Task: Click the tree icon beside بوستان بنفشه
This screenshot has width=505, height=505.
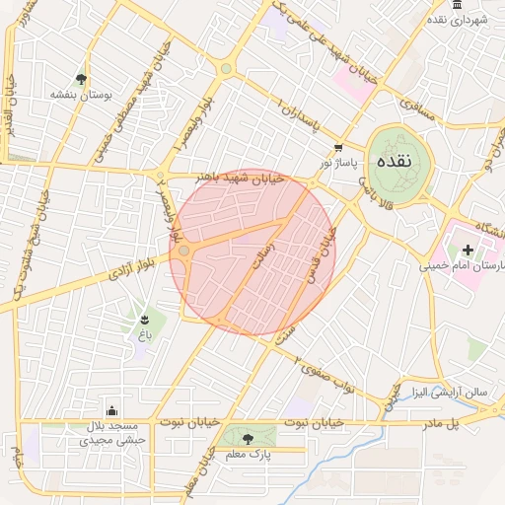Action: (x=81, y=78)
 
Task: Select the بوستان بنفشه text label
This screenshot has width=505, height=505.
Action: (x=81, y=96)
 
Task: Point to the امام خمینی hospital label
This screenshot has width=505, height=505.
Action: (x=464, y=266)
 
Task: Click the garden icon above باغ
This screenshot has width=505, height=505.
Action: (x=146, y=319)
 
